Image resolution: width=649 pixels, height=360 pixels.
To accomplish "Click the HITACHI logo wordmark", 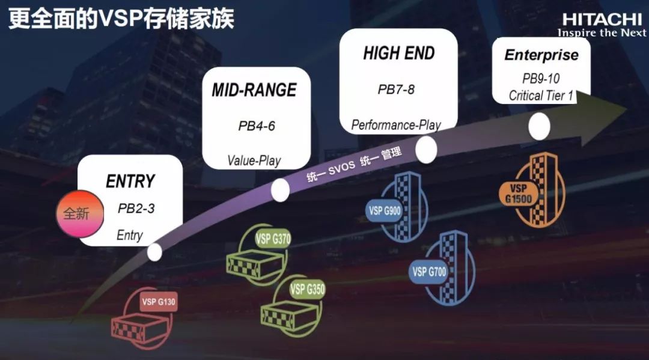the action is tap(602, 19).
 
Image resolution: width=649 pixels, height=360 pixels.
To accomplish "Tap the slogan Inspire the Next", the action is tap(602, 33).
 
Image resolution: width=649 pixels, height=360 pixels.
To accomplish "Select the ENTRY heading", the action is tap(130, 182).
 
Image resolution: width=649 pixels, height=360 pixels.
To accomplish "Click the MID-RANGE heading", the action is tap(254, 90).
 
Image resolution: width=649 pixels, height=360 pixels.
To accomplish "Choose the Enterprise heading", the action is tap(541, 55).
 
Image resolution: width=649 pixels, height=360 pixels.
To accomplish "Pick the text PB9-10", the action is tap(540, 79).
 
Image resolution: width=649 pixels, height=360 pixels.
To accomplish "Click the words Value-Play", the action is tap(254, 161).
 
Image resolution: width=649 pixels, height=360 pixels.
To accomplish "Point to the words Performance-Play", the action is tap(396, 125).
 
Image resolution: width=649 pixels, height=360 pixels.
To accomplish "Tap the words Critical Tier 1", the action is tap(540, 96).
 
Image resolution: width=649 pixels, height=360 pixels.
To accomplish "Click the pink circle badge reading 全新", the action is tap(80, 213).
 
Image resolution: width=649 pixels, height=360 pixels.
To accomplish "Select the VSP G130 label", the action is tap(159, 302).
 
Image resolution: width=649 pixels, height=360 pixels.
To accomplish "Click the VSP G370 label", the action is tap(273, 238).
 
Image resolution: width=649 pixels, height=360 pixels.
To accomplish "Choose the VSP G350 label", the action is tap(307, 290).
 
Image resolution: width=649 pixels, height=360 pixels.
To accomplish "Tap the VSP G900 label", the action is tap(385, 211).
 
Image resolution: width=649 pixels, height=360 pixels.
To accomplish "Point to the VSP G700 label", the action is tap(429, 272).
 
